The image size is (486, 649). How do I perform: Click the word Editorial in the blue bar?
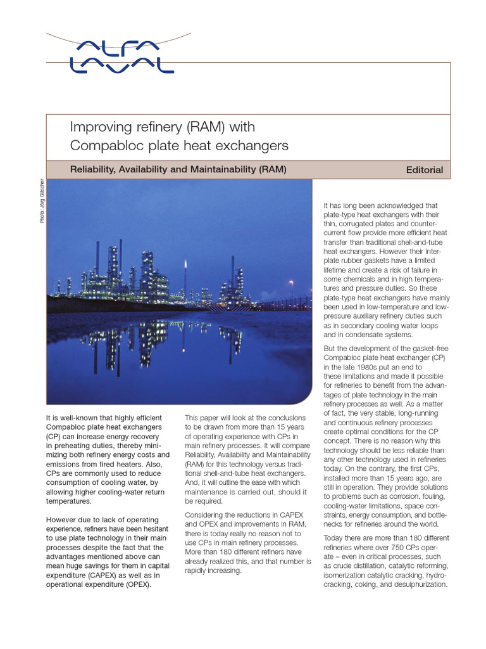[x=425, y=170]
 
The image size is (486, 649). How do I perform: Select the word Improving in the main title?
[x=96, y=127]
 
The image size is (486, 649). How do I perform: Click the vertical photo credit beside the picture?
[x=42, y=200]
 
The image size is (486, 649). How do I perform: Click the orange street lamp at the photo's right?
[x=290, y=282]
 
